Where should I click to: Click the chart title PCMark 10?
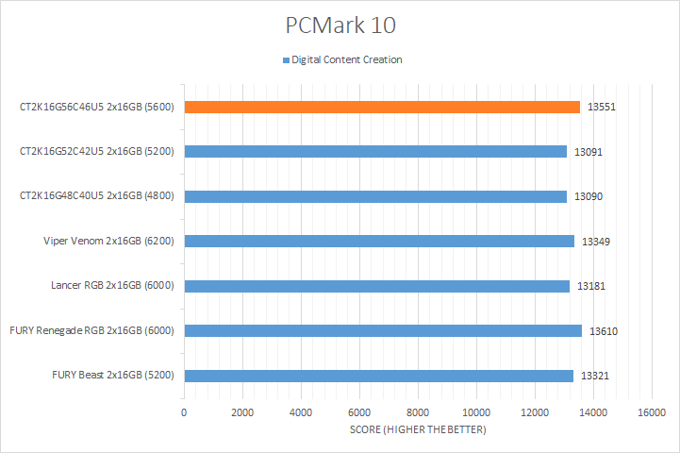pyautogui.click(x=340, y=22)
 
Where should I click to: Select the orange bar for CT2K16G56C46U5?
pyautogui.click(x=382, y=107)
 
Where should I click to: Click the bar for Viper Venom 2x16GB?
pyautogui.click(x=379, y=241)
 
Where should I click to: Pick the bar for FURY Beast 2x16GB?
pyautogui.click(x=378, y=376)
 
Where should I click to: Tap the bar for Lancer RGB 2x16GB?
pyautogui.click(x=376, y=286)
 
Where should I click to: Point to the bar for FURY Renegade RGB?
pyautogui.click(x=383, y=330)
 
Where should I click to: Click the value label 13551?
pyautogui.click(x=601, y=108)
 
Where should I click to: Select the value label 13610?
pyautogui.click(x=604, y=331)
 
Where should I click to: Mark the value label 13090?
pyautogui.click(x=589, y=197)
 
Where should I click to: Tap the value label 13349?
pyautogui.click(x=596, y=242)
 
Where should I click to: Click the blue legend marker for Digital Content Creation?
pyautogui.click(x=286, y=60)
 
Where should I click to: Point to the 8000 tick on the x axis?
pyautogui.click(x=418, y=412)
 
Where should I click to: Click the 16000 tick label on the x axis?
pyautogui.click(x=652, y=412)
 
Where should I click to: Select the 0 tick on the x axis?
pyautogui.click(x=184, y=412)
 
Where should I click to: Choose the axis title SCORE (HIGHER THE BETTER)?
pyautogui.click(x=418, y=430)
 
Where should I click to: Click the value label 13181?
pyautogui.click(x=591, y=287)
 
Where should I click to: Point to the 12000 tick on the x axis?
pyautogui.click(x=535, y=412)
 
